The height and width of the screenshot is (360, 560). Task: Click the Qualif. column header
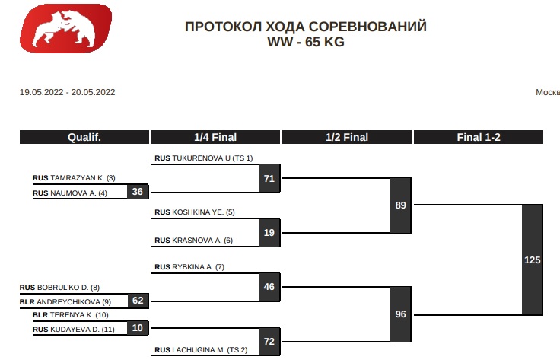(84, 138)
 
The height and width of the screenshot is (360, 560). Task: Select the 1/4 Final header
(215, 138)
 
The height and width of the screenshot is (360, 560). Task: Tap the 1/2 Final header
(347, 138)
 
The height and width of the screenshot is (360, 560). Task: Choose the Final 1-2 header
(478, 138)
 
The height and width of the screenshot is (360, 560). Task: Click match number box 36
(138, 192)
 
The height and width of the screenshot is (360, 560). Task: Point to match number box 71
(269, 179)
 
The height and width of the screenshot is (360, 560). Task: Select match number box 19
(269, 233)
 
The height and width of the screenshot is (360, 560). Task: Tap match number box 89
(401, 205)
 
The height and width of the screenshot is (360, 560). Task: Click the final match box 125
(533, 260)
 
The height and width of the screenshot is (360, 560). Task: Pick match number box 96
(401, 314)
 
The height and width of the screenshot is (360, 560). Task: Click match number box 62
(138, 301)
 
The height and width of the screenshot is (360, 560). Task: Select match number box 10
(138, 328)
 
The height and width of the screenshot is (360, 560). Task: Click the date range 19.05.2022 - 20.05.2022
(67, 92)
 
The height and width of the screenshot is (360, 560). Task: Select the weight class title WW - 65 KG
(305, 43)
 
